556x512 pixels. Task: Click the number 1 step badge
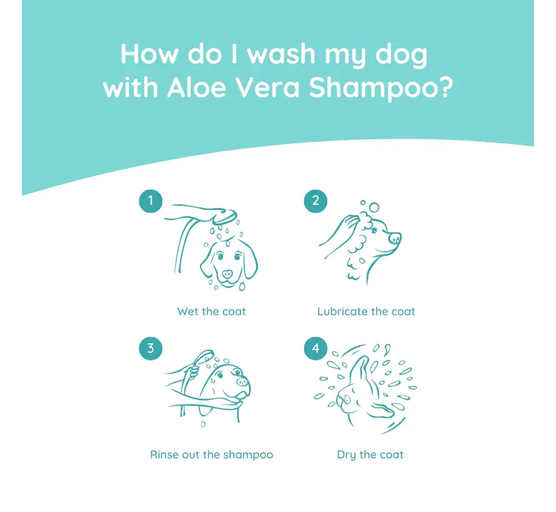151,201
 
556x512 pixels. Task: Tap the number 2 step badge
315,201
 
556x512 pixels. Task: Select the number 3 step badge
151,348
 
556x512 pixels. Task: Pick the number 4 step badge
315,348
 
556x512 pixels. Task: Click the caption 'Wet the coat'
211,312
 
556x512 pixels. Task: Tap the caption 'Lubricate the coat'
366,312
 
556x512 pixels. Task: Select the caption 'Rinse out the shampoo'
212,455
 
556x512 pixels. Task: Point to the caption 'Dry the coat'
370,455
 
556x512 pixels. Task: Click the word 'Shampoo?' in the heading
381,89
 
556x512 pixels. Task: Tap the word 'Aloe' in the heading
196,87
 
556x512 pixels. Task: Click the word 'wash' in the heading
281,54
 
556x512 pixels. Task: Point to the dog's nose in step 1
227,274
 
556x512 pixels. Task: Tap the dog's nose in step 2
395,237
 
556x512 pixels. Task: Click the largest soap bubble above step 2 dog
374,207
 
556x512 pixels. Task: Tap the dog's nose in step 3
242,382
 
